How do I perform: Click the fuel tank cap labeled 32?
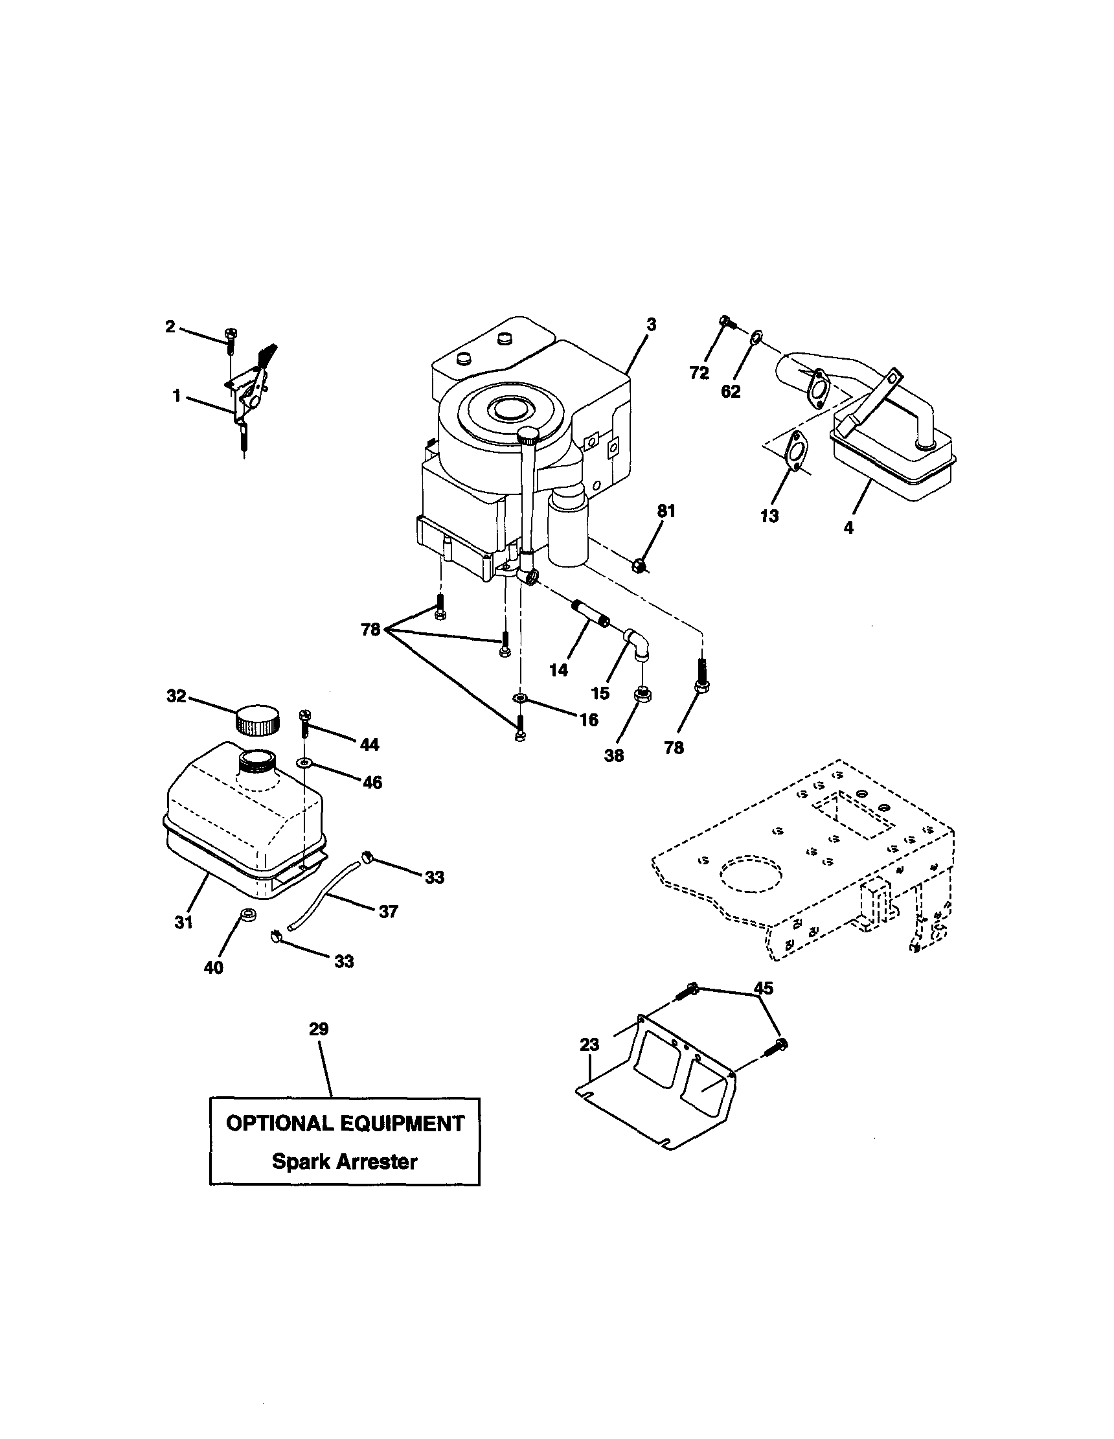258,719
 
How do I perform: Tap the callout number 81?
666,511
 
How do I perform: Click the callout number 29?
318,1028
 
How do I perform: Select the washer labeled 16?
520,698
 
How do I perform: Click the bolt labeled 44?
305,722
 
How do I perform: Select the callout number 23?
589,1044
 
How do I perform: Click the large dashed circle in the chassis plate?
751,874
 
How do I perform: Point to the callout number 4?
848,527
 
